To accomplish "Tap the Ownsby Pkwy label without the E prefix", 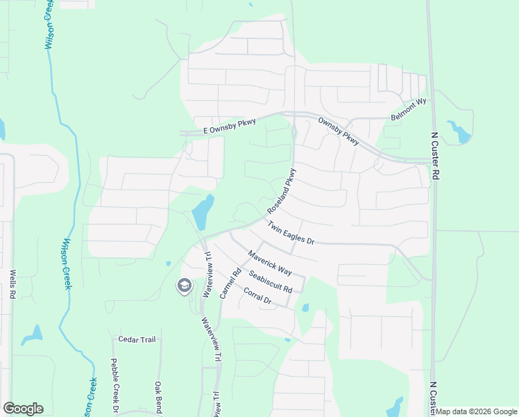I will click(338, 131).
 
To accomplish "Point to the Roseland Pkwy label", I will click(283, 191).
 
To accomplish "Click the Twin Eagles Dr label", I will click(291, 233).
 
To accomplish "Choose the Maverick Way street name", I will click(269, 262).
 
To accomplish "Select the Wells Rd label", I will click(12, 285).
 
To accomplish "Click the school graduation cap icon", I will click(184, 286).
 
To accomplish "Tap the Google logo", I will click(23, 409).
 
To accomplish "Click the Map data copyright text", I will click(476, 411).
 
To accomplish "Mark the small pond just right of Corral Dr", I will click(305, 308).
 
